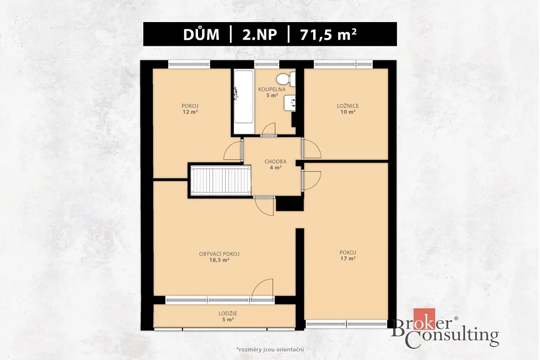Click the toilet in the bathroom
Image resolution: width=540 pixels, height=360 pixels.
tap(286, 79)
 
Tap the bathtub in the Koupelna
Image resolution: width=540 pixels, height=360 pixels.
tap(244, 101)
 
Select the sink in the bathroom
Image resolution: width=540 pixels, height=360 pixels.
tap(290, 103)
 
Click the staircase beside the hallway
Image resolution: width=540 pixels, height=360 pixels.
tap(221, 180)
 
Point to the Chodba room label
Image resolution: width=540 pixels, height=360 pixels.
tap(275, 162)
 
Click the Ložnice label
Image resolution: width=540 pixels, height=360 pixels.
tap(347, 106)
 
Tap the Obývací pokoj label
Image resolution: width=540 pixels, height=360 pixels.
tap(219, 254)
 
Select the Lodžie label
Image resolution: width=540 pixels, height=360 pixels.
tap(228, 314)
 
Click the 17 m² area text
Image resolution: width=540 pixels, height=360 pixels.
tap(348, 259)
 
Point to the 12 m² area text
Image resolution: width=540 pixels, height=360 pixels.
tap(190, 112)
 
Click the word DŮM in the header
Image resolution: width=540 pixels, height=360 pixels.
tap(201, 35)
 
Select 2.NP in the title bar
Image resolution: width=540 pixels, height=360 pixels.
tap(260, 35)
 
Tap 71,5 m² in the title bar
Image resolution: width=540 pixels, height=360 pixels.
tap(328, 35)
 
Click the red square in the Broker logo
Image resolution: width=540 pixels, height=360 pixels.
tap(424, 319)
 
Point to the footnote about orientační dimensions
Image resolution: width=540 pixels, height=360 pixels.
tap(270, 349)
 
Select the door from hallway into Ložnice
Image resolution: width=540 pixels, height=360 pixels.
tap(311, 149)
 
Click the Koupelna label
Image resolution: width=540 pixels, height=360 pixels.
tap(272, 90)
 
